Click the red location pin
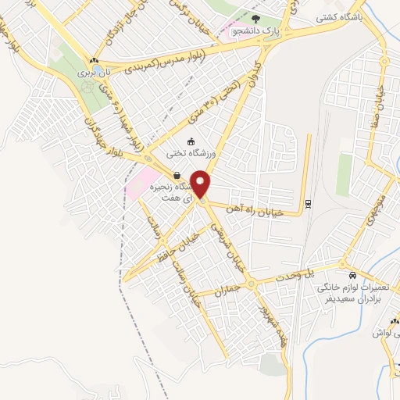(x=202, y=184)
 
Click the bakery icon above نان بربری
(x=94, y=59)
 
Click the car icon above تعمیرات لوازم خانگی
(x=353, y=276)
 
